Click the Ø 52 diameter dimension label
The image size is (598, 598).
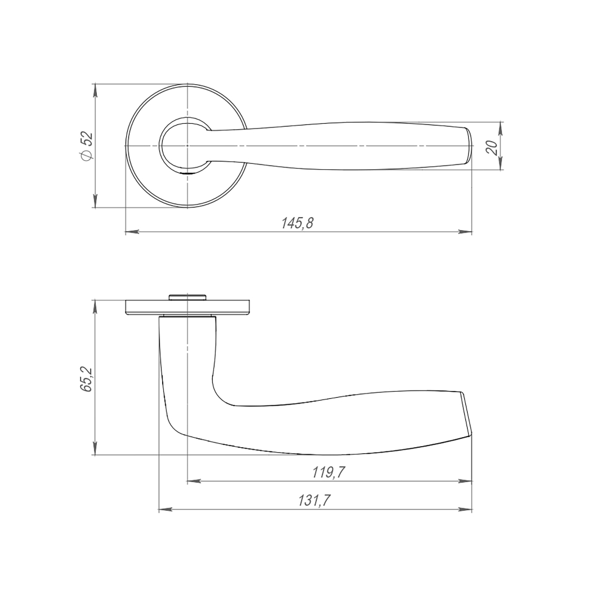[x=87, y=146]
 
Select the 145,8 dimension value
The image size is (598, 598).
[x=297, y=224]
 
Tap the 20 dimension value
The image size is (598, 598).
[x=492, y=147]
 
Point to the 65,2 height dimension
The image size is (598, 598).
[x=87, y=379]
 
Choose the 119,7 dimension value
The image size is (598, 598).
[x=329, y=473]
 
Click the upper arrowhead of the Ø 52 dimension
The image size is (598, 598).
[x=95, y=91]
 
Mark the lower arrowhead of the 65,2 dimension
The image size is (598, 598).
[x=95, y=448]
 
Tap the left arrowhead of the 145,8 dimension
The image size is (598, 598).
[x=132, y=231]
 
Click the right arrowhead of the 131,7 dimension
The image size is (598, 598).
[x=465, y=509]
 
